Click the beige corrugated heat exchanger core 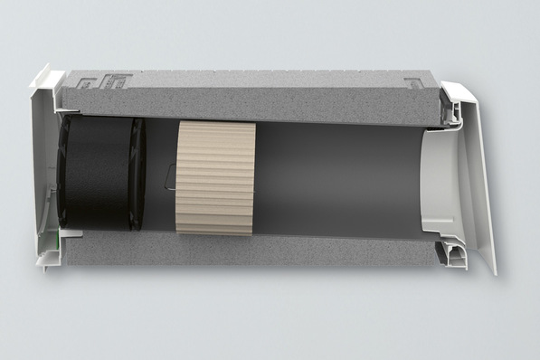click(215, 177)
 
